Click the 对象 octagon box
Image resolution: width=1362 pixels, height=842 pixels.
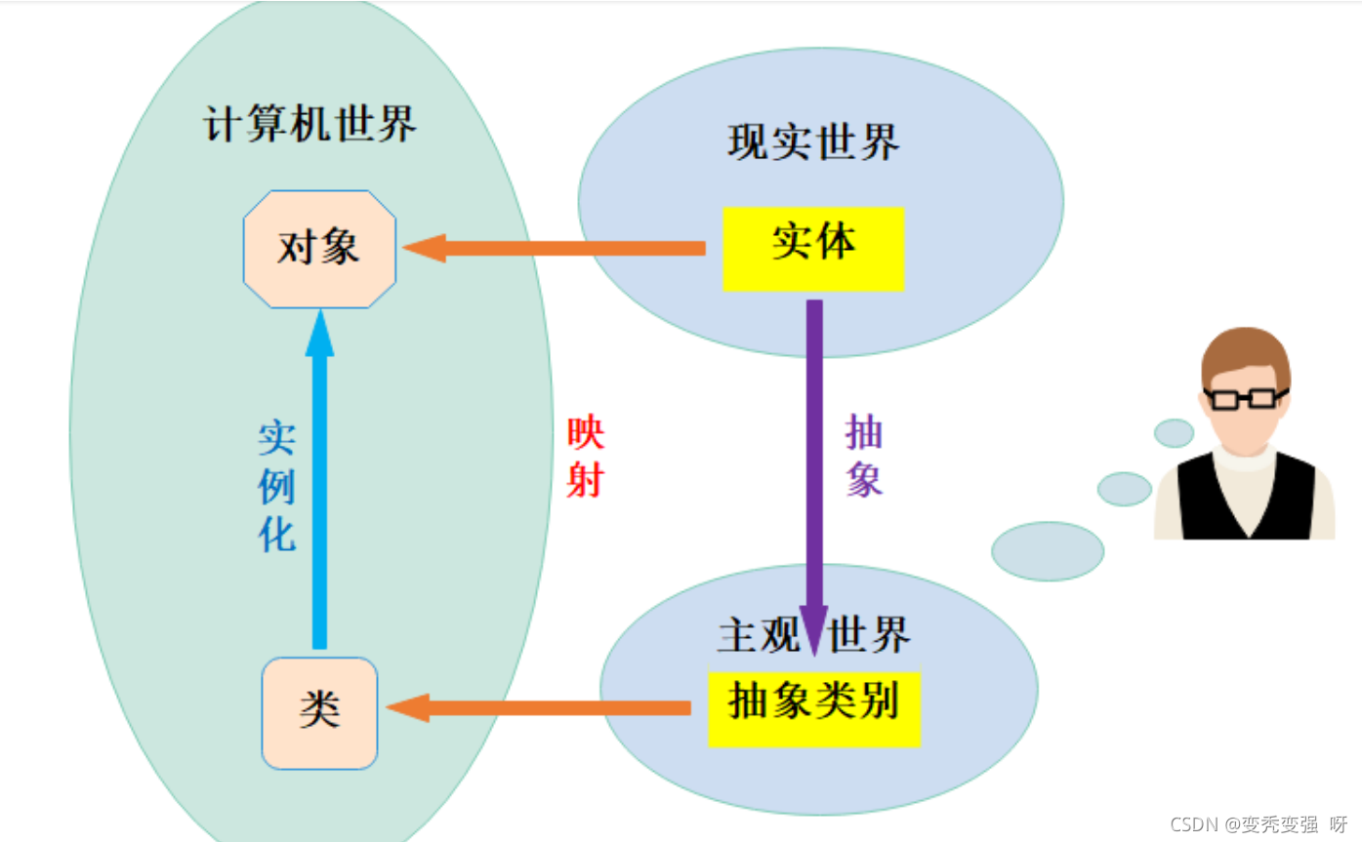coord(319,249)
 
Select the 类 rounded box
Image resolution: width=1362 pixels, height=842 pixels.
coord(319,712)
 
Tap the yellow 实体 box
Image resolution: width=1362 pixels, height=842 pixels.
coord(813,248)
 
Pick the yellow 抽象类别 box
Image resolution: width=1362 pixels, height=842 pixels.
coord(813,707)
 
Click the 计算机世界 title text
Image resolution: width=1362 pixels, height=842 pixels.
coord(310,126)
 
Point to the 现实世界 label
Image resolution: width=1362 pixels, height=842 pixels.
coord(813,143)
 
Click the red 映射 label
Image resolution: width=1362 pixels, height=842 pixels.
coord(585,458)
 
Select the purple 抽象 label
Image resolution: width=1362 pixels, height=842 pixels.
coord(864,458)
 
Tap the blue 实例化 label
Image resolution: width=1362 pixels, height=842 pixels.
coord(277,487)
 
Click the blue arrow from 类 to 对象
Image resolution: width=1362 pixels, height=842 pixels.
coord(319,488)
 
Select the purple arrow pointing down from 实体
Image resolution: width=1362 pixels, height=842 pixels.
coord(813,468)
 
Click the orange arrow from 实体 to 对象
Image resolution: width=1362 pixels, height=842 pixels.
coord(557,249)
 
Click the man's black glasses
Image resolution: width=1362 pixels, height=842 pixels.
coord(1245,397)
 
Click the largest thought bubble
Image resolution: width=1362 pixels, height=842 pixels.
coord(1048,551)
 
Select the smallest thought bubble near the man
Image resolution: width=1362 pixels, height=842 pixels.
coord(1174,432)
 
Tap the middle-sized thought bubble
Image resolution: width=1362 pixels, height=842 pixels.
coord(1125,489)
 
